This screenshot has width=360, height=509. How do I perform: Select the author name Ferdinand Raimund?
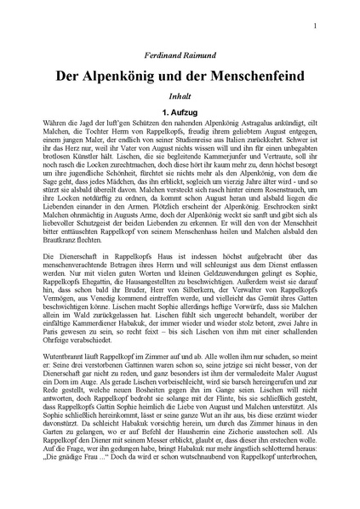(x=180, y=55)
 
